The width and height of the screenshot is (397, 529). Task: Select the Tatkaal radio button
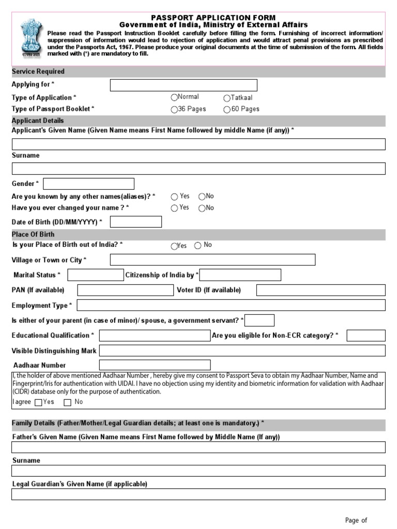(x=227, y=98)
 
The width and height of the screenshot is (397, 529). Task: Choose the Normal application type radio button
(x=174, y=97)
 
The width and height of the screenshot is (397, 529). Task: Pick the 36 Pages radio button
(x=174, y=110)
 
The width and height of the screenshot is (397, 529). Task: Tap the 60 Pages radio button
(x=227, y=110)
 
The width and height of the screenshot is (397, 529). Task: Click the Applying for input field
(x=184, y=85)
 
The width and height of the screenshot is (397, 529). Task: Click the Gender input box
(x=89, y=184)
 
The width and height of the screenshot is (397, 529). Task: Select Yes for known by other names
(x=174, y=196)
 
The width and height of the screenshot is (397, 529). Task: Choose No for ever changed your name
(x=202, y=208)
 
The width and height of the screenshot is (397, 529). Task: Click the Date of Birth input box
(x=136, y=222)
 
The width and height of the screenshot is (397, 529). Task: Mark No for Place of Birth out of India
(x=197, y=246)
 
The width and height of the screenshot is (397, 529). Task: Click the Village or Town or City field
(x=212, y=259)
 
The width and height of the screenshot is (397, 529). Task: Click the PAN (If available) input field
(x=125, y=290)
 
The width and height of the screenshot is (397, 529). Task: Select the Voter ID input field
(x=320, y=290)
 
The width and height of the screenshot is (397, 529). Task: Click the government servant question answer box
(x=262, y=320)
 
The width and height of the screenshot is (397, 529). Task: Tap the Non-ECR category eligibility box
(x=365, y=336)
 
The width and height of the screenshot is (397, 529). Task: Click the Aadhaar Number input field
(x=155, y=365)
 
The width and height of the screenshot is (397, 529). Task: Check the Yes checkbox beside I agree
(x=38, y=402)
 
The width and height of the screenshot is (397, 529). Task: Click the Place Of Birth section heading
(x=33, y=235)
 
